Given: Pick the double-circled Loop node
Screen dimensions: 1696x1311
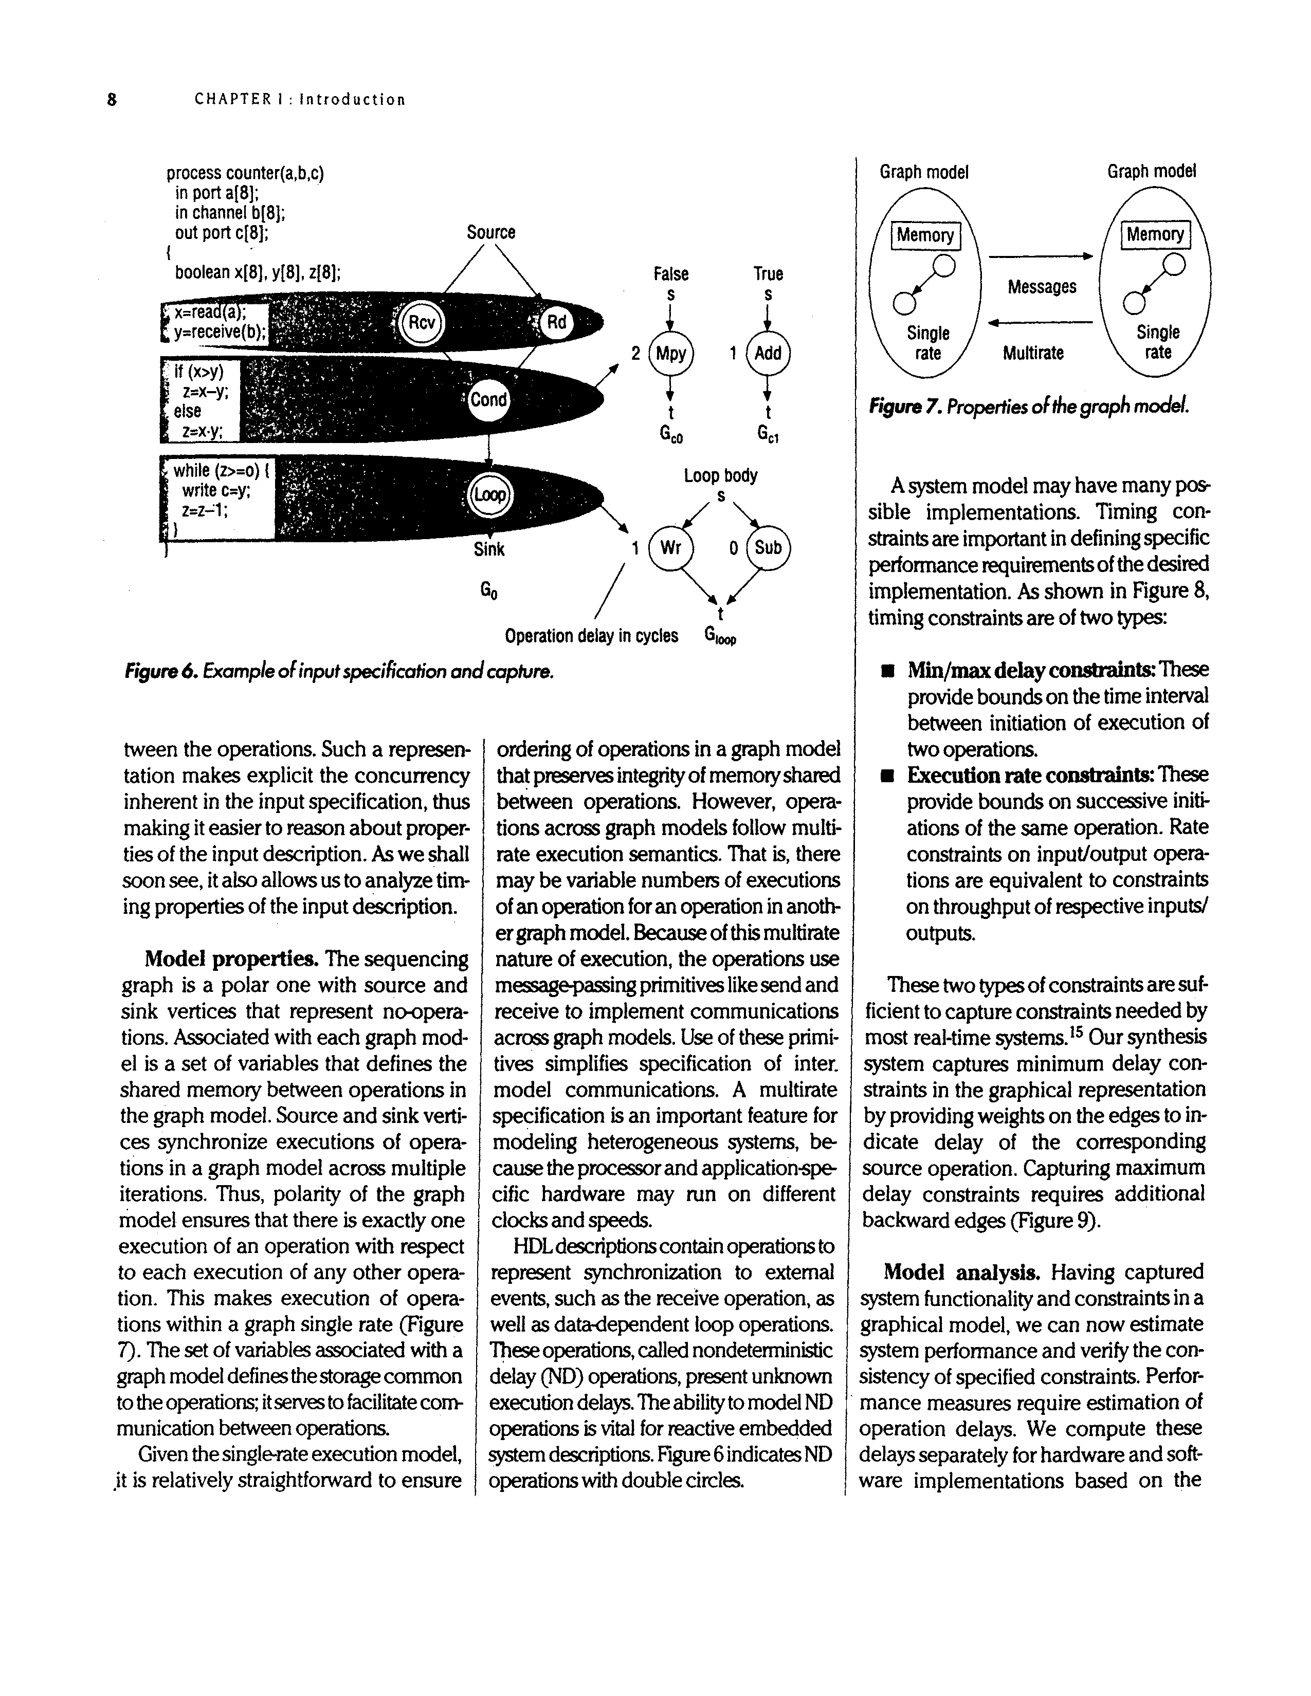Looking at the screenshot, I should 489,494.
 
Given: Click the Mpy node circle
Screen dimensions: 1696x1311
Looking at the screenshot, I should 671,354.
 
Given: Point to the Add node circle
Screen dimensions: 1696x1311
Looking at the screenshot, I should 768,354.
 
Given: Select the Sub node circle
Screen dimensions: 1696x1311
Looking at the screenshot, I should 768,547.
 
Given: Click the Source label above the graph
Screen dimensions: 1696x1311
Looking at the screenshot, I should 491,232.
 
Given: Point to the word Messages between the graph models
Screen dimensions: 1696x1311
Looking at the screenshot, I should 1042,287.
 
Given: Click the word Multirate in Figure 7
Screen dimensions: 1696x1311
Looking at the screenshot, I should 1033,354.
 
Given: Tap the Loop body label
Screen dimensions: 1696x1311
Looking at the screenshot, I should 720,475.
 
